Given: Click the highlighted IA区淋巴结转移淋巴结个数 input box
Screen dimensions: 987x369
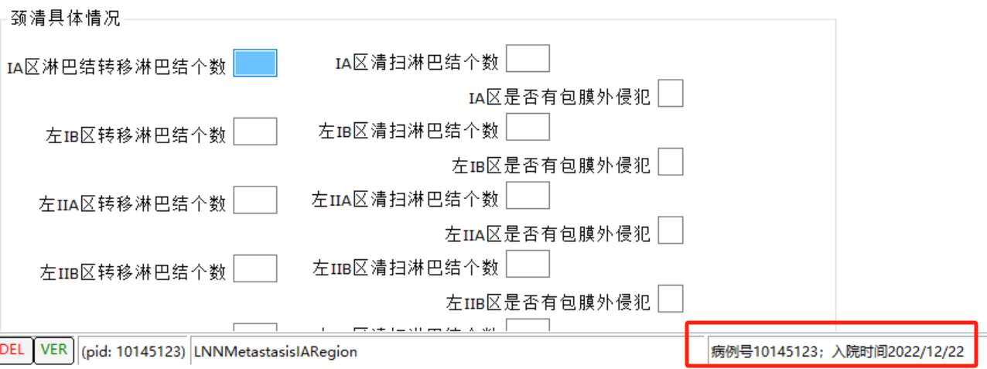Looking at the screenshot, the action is click(254, 63).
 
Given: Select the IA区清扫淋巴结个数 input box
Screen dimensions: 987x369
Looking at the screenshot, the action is click(528, 59).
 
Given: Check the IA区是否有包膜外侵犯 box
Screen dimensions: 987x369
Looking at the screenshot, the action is click(671, 94).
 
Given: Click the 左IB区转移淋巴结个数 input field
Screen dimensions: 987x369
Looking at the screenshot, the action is click(254, 132).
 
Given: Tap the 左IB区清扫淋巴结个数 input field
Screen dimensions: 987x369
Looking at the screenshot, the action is click(528, 127).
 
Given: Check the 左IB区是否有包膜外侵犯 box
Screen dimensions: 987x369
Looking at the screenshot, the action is click(671, 162).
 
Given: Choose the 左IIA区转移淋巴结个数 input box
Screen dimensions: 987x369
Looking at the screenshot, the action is click(254, 200).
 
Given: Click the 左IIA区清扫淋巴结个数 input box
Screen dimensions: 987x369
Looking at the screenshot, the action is click(528, 195).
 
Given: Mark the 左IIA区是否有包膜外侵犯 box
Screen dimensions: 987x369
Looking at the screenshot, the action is click(671, 231).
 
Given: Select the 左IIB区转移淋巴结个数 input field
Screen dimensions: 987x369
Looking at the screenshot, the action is click(254, 268).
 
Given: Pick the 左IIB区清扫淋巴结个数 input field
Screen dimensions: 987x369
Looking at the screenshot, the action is click(528, 264).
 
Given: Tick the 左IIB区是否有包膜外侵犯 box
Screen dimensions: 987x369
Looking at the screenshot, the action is click(671, 299).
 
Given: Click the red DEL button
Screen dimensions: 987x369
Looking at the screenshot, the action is click(12, 350).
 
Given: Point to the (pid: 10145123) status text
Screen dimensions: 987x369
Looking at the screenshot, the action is click(133, 352).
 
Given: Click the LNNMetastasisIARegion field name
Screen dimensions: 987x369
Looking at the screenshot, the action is click(276, 352).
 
